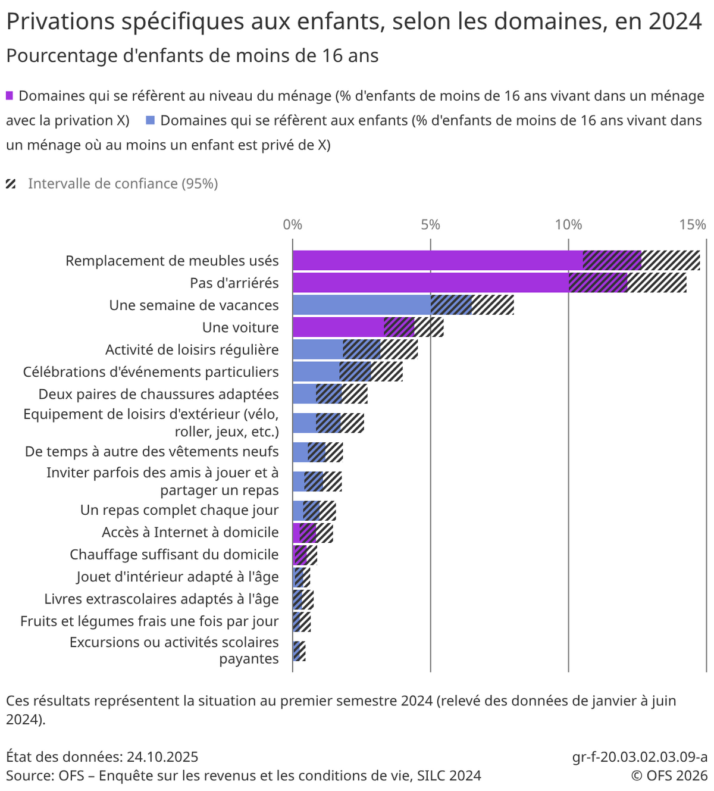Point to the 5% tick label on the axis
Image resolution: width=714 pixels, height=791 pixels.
[430, 225]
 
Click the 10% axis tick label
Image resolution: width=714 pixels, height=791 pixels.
[568, 225]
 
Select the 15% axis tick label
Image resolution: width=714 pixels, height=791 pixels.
[693, 225]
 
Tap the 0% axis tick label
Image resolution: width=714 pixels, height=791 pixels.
[293, 225]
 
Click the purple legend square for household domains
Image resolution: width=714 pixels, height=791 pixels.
[10, 96]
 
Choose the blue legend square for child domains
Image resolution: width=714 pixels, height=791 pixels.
[151, 121]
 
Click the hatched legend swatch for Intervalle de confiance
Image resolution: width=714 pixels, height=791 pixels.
[11, 184]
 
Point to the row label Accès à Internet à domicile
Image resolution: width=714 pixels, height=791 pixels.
[190, 532]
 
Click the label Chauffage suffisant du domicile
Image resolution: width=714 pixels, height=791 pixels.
[174, 554]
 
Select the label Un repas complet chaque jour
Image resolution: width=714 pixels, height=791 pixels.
[179, 510]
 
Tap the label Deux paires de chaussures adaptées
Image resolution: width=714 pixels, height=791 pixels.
[158, 394]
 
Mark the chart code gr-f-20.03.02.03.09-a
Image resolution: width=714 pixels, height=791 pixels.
[640, 757]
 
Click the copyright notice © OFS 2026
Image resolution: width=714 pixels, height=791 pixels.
[669, 776]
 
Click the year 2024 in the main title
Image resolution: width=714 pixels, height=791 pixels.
[675, 22]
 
